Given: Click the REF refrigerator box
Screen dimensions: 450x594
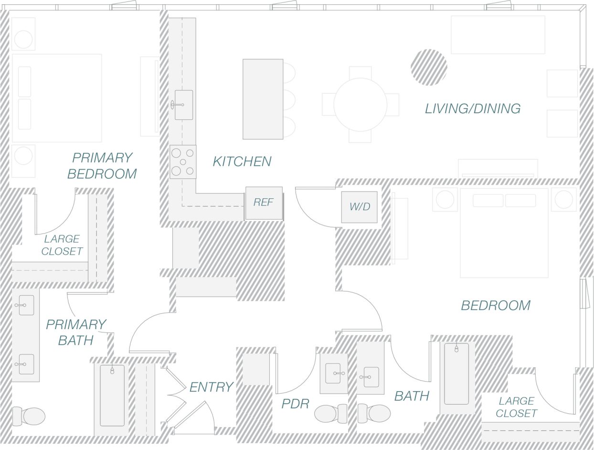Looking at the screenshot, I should pyautogui.click(x=264, y=203).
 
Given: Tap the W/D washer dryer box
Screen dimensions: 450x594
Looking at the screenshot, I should pyautogui.click(x=359, y=207).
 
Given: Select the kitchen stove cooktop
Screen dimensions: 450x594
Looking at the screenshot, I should pyautogui.click(x=183, y=161).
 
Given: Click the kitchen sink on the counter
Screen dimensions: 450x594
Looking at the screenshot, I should pyautogui.click(x=183, y=105).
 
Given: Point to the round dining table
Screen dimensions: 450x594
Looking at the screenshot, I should pyautogui.click(x=360, y=104).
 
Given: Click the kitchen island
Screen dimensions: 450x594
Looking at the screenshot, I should pyautogui.click(x=263, y=99).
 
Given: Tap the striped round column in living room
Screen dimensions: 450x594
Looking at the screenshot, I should pyautogui.click(x=429, y=67).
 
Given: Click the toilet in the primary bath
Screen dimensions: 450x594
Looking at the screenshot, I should pyautogui.click(x=29, y=416).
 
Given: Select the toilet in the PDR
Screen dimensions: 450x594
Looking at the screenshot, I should pyautogui.click(x=331, y=413).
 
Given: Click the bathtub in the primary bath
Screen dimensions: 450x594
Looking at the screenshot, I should pyautogui.click(x=112, y=396).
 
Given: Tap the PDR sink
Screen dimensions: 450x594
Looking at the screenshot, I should pyautogui.click(x=333, y=373).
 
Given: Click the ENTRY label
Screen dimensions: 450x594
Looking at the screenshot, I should pyautogui.click(x=211, y=387).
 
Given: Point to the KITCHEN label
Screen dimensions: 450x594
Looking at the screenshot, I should pyautogui.click(x=242, y=161).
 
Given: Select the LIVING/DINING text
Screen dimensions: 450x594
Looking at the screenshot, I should pyautogui.click(x=472, y=108).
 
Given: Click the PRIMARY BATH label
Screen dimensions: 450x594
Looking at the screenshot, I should pyautogui.click(x=75, y=332).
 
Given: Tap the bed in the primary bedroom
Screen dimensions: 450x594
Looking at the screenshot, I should pyautogui.click(x=56, y=98).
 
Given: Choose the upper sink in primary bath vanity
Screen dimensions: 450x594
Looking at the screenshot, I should pyautogui.click(x=26, y=305).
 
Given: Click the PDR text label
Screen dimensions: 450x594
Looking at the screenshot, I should pyautogui.click(x=295, y=404).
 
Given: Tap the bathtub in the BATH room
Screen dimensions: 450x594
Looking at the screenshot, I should pyautogui.click(x=456, y=374).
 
